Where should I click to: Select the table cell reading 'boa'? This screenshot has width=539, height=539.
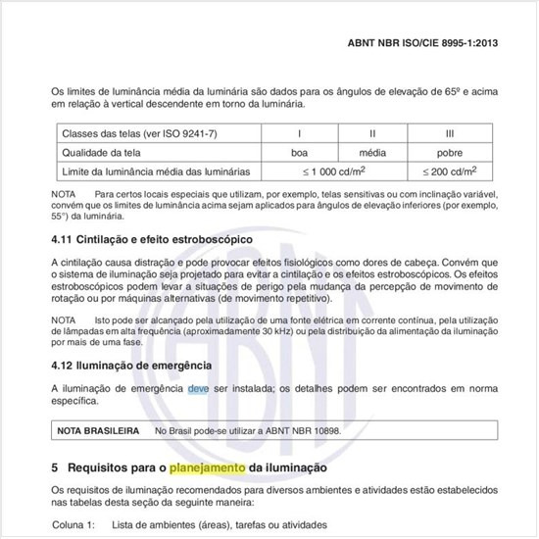point(300,152)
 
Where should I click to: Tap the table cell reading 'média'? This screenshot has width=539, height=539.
point(372,152)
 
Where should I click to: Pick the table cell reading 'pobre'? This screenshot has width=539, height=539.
point(450,152)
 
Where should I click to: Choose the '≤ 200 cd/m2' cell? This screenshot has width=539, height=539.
point(450,171)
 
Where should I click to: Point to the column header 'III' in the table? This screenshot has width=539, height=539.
point(450,132)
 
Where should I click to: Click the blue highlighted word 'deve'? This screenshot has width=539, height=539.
point(199,388)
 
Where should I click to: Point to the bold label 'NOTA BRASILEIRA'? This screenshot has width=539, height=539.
point(97,430)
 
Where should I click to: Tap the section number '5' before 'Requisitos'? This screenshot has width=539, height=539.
point(55,468)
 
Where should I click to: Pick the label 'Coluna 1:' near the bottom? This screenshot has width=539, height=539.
point(73,524)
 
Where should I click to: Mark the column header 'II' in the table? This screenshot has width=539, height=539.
point(372,132)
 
